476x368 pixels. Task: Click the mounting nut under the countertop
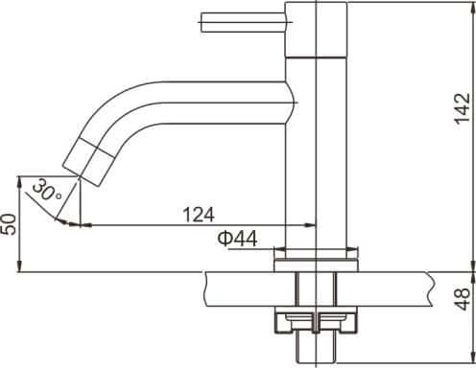(317, 321)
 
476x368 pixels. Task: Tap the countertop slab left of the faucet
(240, 285)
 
